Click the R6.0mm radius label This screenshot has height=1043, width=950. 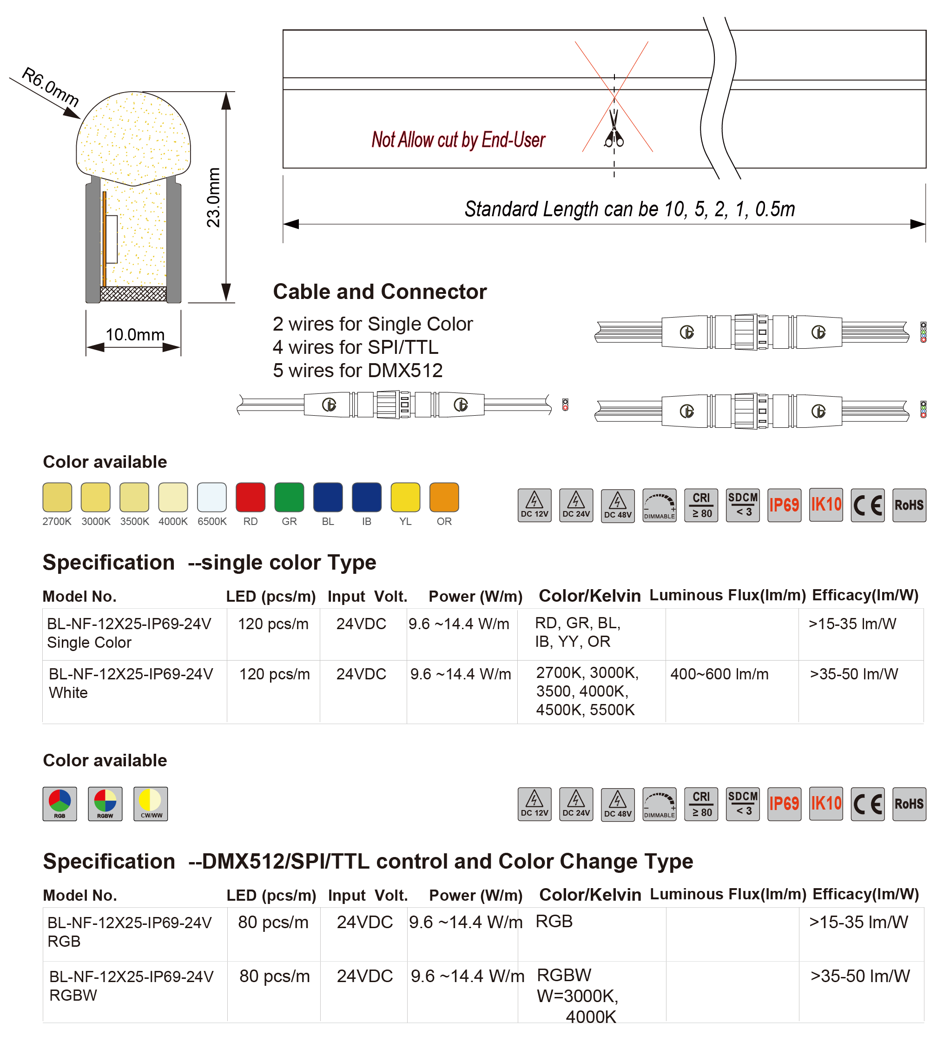click(50, 87)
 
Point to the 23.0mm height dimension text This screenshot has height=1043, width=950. click(213, 197)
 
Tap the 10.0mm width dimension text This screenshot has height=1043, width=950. click(134, 335)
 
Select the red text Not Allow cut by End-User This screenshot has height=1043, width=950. click(458, 140)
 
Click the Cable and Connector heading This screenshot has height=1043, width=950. click(380, 292)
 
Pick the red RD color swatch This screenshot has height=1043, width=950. click(251, 497)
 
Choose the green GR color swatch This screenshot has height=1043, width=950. click(289, 497)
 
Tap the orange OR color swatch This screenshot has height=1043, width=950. click(444, 497)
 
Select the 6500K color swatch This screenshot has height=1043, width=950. click(211, 497)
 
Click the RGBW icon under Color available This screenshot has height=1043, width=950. click(105, 804)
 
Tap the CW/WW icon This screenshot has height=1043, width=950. click(151, 804)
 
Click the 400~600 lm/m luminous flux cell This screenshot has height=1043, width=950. click(719, 674)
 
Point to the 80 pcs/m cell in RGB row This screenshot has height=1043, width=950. click(273, 922)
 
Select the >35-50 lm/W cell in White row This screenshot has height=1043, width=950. click(854, 674)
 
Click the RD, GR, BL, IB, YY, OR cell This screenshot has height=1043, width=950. click(577, 632)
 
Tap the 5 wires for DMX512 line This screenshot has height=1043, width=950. click(357, 371)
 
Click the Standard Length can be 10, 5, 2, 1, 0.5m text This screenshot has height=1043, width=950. click(629, 209)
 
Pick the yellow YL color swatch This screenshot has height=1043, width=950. click(405, 497)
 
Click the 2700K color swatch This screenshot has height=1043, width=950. click(57, 497)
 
